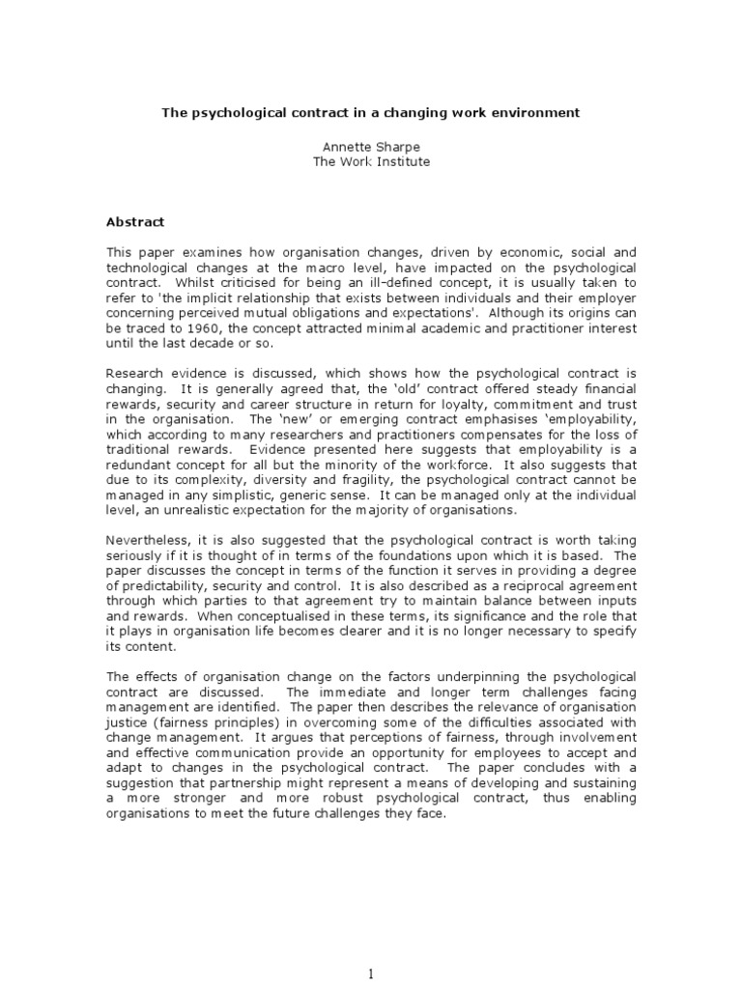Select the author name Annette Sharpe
(370, 146)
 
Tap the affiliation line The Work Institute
(371, 161)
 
